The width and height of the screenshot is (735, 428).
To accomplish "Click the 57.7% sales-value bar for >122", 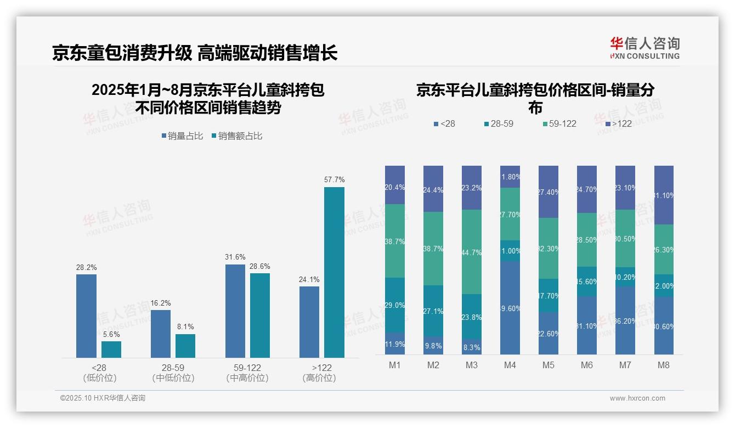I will (x=334, y=272).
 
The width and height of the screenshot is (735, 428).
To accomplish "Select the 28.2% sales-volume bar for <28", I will (x=86, y=316).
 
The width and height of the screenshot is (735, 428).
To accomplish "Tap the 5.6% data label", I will (x=111, y=334).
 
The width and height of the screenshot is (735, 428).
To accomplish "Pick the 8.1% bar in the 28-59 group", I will (x=185, y=346).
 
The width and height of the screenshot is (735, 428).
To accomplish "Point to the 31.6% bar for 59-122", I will (x=235, y=311).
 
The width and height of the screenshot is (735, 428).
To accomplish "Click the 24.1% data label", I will (x=309, y=279).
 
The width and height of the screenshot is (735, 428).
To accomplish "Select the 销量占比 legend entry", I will (x=182, y=136).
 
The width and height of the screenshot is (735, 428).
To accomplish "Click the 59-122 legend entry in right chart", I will (x=559, y=123).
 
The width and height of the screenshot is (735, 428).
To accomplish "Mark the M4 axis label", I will (x=510, y=365).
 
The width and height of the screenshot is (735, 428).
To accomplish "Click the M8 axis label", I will (x=663, y=365).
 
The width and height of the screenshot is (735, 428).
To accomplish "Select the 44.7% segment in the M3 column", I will (x=471, y=252).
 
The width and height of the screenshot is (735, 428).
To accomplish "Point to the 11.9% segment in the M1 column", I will (x=395, y=343).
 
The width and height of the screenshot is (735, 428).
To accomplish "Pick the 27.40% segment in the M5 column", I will (x=548, y=192).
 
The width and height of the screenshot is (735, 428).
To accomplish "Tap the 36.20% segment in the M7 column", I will (x=625, y=320).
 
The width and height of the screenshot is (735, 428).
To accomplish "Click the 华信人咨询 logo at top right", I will (x=644, y=48).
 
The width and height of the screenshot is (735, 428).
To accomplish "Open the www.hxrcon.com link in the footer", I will (x=637, y=398).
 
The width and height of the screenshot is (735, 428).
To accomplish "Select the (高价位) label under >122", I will (x=319, y=378).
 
